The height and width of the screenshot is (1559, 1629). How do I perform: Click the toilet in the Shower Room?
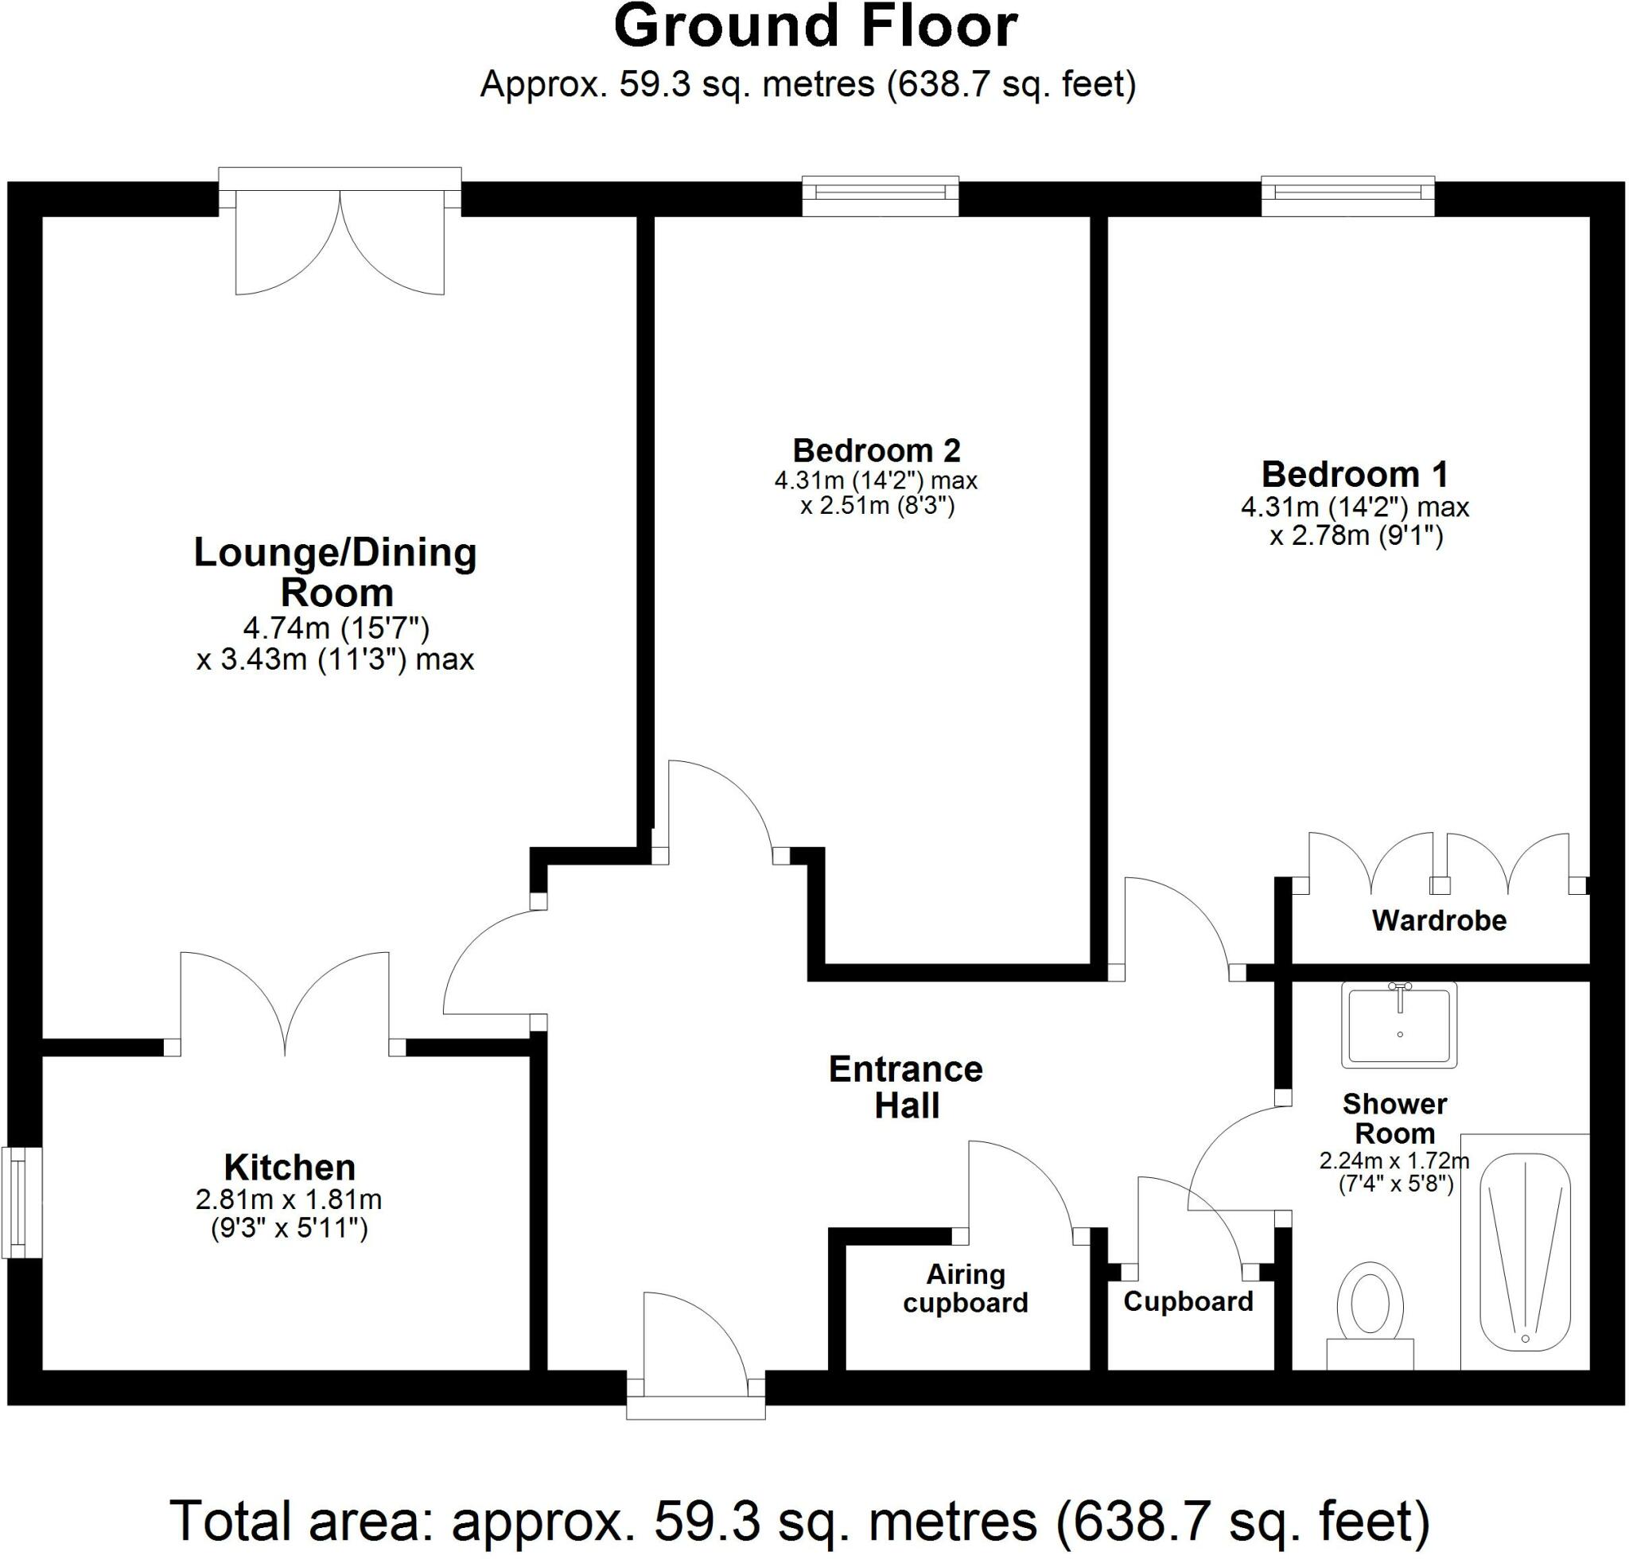coord(1370,1316)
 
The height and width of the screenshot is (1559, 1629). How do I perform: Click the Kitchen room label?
coord(290,1168)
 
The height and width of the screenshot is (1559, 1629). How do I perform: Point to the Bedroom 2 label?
coord(877,450)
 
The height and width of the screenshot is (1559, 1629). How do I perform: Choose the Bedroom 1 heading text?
coord(1355,475)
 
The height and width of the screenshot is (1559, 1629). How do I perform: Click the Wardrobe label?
coord(1440,920)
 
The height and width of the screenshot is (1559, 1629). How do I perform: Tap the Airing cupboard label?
coord(966,1288)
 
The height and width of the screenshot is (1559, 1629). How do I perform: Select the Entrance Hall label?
coord(906,1088)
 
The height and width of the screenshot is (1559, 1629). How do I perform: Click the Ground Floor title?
coord(815,26)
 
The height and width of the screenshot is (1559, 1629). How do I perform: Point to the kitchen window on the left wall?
coord(21,1203)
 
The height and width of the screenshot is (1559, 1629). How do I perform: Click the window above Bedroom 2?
coord(881,196)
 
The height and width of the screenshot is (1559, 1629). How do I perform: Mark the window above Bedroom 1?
coord(1348,196)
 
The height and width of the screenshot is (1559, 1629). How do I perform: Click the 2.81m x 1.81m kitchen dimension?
coord(289,1199)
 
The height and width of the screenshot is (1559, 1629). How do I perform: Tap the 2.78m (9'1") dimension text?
coord(1356,536)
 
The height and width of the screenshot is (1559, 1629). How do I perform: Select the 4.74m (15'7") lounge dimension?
coord(336,629)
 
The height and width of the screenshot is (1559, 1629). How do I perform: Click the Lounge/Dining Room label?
coord(336,573)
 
